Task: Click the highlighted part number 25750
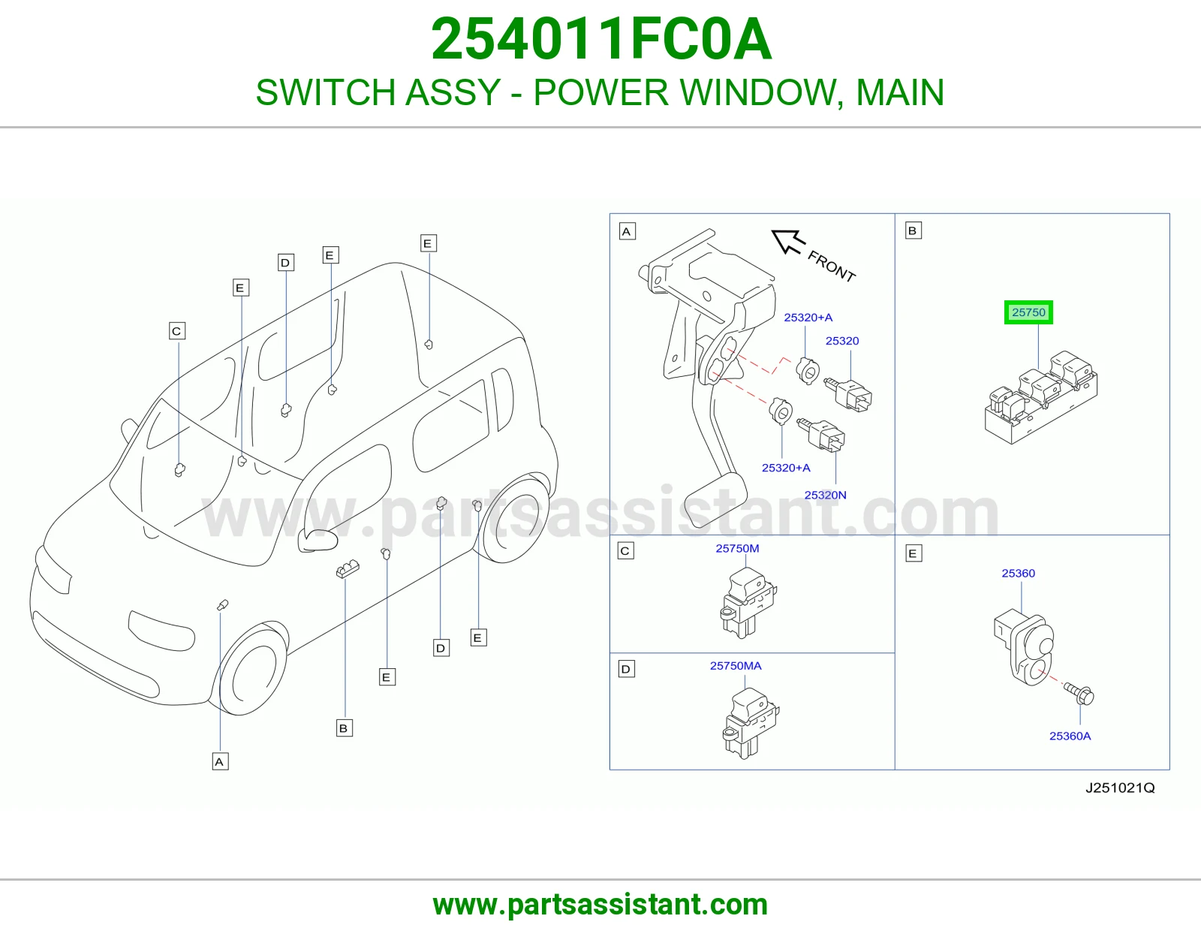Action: [x=1028, y=312]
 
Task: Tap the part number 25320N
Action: [x=825, y=495]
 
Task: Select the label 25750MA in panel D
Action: [x=736, y=666]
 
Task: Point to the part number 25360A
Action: [x=1070, y=736]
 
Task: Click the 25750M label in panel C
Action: [x=737, y=548]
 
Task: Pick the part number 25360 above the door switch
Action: [x=1018, y=574]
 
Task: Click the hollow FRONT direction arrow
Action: [x=788, y=241]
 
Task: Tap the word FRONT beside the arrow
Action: [x=831, y=266]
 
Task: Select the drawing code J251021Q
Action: [x=1120, y=788]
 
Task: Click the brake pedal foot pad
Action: [x=715, y=500]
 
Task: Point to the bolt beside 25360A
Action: [x=1079, y=693]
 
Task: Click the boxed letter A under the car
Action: [x=220, y=762]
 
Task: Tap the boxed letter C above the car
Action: [x=177, y=331]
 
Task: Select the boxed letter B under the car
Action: [x=345, y=728]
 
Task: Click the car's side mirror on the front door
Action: [x=318, y=540]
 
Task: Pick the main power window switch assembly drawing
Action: [x=1040, y=397]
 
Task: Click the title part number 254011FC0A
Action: [x=600, y=39]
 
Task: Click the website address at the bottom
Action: [x=600, y=905]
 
